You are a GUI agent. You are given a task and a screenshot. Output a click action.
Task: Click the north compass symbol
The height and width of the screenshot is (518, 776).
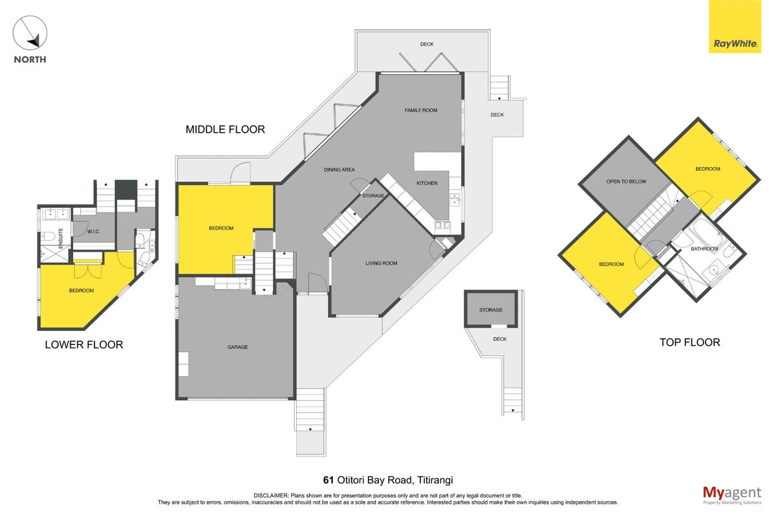(x=30, y=32)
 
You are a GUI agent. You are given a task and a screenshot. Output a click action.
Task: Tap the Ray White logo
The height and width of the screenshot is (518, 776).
(x=735, y=27)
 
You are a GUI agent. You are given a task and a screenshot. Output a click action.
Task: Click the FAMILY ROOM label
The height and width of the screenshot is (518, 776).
(x=420, y=110)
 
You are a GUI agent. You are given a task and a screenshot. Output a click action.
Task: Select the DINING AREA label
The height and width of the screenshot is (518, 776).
(x=339, y=170)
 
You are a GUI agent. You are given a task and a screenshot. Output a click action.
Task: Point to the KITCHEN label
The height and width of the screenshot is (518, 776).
(x=427, y=183)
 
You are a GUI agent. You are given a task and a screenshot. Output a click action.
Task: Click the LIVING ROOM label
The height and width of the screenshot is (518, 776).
(x=381, y=264)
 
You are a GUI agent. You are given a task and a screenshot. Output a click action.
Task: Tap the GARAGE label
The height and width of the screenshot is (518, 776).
(x=238, y=347)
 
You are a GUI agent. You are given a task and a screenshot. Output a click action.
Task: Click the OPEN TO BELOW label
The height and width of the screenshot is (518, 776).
(x=626, y=181)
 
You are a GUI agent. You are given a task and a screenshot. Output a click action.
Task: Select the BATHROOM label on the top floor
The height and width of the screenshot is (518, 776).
(x=704, y=249)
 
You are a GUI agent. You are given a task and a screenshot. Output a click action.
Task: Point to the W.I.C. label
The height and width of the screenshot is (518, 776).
(x=94, y=231)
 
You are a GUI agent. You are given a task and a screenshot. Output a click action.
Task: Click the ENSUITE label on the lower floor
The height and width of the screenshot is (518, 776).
(x=61, y=238)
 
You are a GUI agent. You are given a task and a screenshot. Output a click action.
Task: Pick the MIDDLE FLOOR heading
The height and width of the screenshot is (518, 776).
(x=225, y=129)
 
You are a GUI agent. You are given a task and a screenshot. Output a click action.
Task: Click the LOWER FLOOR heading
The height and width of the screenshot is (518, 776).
(x=84, y=344)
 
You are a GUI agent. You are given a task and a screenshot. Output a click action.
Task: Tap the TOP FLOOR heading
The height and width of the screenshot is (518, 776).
(x=690, y=343)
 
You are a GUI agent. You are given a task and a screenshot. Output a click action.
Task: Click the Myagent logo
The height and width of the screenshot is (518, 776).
(x=732, y=495)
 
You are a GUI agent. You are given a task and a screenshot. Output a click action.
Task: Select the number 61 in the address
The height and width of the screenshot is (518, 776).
(x=329, y=480)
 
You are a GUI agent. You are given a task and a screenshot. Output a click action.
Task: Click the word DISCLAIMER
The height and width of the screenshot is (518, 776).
(x=271, y=496)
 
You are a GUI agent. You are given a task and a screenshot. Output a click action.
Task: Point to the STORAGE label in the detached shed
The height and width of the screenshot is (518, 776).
(x=491, y=310)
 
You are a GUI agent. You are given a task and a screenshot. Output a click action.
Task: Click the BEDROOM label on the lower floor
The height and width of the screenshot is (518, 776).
(x=81, y=291)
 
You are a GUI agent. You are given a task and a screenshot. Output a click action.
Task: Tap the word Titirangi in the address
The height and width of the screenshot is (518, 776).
(x=435, y=480)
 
